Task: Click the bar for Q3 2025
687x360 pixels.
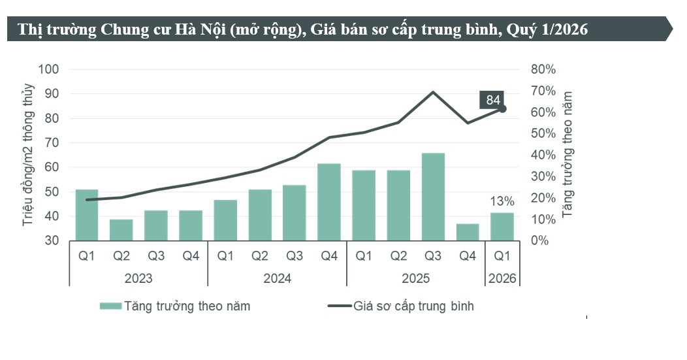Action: pyautogui.click(x=433, y=197)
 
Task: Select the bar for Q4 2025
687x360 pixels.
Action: pyautogui.click(x=468, y=232)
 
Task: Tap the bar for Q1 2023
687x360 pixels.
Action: pyautogui.click(x=87, y=215)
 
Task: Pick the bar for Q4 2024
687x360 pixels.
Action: pyautogui.click(x=329, y=202)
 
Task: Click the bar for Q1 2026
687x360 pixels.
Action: pyautogui.click(x=502, y=227)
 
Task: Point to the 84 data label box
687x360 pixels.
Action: pyautogui.click(x=493, y=100)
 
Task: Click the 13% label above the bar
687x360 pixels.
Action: pyautogui.click(x=502, y=201)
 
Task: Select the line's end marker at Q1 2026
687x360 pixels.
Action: pyautogui.click(x=502, y=108)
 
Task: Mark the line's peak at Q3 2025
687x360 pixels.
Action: pyautogui.click(x=433, y=92)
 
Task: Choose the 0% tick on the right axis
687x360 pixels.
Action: pyautogui.click(x=539, y=241)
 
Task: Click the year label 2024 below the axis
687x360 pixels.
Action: pyautogui.click(x=277, y=278)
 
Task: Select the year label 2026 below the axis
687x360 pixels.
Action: pyautogui.click(x=502, y=278)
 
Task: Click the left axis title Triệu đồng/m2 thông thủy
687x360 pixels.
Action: pyautogui.click(x=28, y=155)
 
